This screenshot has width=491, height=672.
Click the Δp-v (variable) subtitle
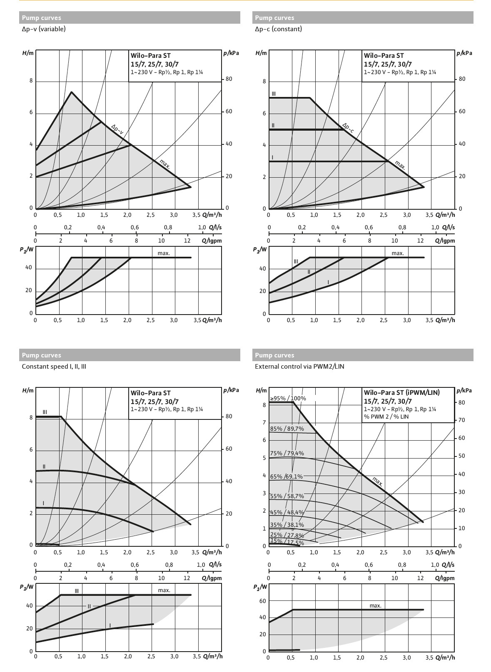pos(44,29)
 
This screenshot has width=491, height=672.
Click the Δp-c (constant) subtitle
pos(278,29)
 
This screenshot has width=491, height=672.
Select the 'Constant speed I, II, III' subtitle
pos(54,367)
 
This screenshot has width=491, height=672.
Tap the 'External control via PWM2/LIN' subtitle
pos(299,367)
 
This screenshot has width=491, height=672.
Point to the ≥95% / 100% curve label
pos(288,398)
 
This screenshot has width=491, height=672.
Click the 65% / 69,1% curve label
pos(286,476)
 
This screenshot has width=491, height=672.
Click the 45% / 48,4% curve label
pos(287,512)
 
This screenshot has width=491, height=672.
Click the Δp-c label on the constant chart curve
pos(348,128)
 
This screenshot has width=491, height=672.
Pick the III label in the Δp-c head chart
pos(274,94)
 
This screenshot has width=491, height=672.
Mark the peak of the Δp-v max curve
pos(72,92)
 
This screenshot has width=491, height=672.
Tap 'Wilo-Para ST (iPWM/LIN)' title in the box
pos(401,392)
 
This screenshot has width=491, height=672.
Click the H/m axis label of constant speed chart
pos(27,390)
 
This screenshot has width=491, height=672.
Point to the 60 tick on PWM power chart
pos(262,601)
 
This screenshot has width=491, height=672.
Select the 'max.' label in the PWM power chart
pos(375,605)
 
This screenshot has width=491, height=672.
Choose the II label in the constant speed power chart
pos(89,606)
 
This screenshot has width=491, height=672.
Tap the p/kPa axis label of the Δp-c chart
pos(464,53)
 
